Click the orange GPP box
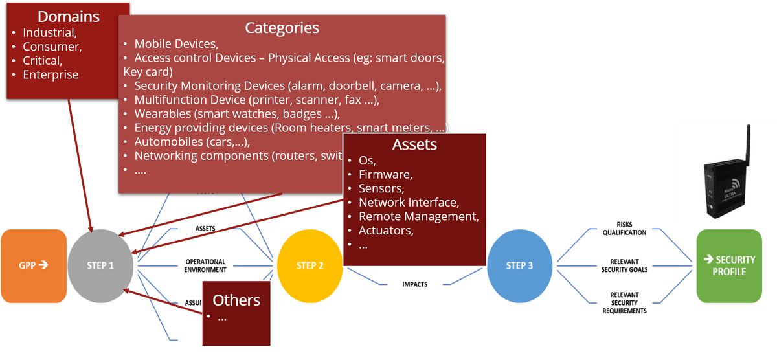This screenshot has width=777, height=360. coord(34,265)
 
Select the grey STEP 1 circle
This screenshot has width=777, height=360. coord(100,265)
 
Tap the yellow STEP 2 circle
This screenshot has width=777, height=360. coord(310,265)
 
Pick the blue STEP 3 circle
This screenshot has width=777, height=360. coord(519,265)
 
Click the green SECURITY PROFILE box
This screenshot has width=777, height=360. coord(728,265)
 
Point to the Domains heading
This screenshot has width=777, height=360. coord(68,16)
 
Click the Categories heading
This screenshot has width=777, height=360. coord(282,28)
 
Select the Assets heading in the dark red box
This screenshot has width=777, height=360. coord(414,144)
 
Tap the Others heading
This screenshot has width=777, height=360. coord(236,300)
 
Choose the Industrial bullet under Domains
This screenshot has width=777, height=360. coord(50,32)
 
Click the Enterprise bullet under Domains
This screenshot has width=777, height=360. coord(51,74)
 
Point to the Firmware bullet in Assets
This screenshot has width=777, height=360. coord(385,174)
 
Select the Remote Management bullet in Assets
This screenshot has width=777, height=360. coord(418,216)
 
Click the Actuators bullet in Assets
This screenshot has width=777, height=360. coord(386,231)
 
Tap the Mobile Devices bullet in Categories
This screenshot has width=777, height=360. coord(175,44)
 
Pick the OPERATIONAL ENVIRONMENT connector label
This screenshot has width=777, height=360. coord(205,265)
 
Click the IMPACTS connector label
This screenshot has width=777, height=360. coord(414,284)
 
